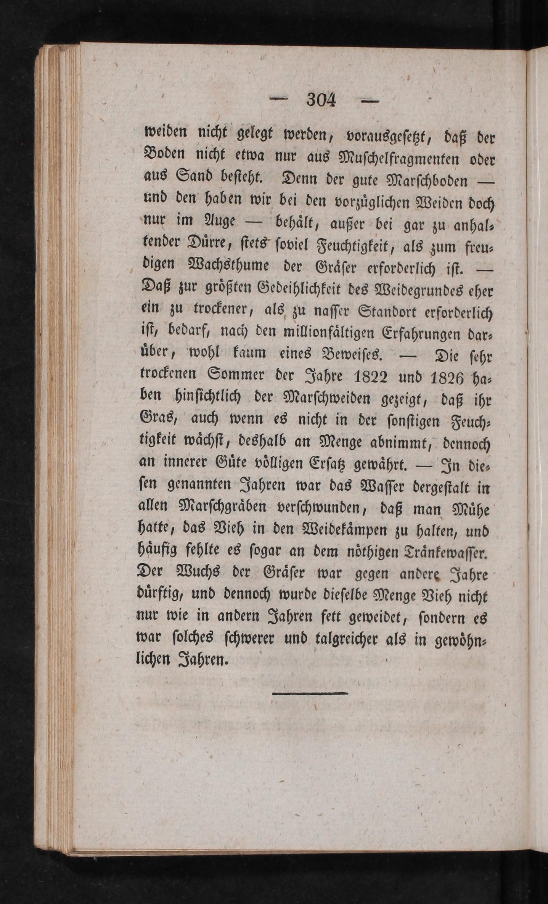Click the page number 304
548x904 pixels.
(321, 100)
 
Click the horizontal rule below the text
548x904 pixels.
(310, 693)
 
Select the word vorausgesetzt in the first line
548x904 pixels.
(386, 135)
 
